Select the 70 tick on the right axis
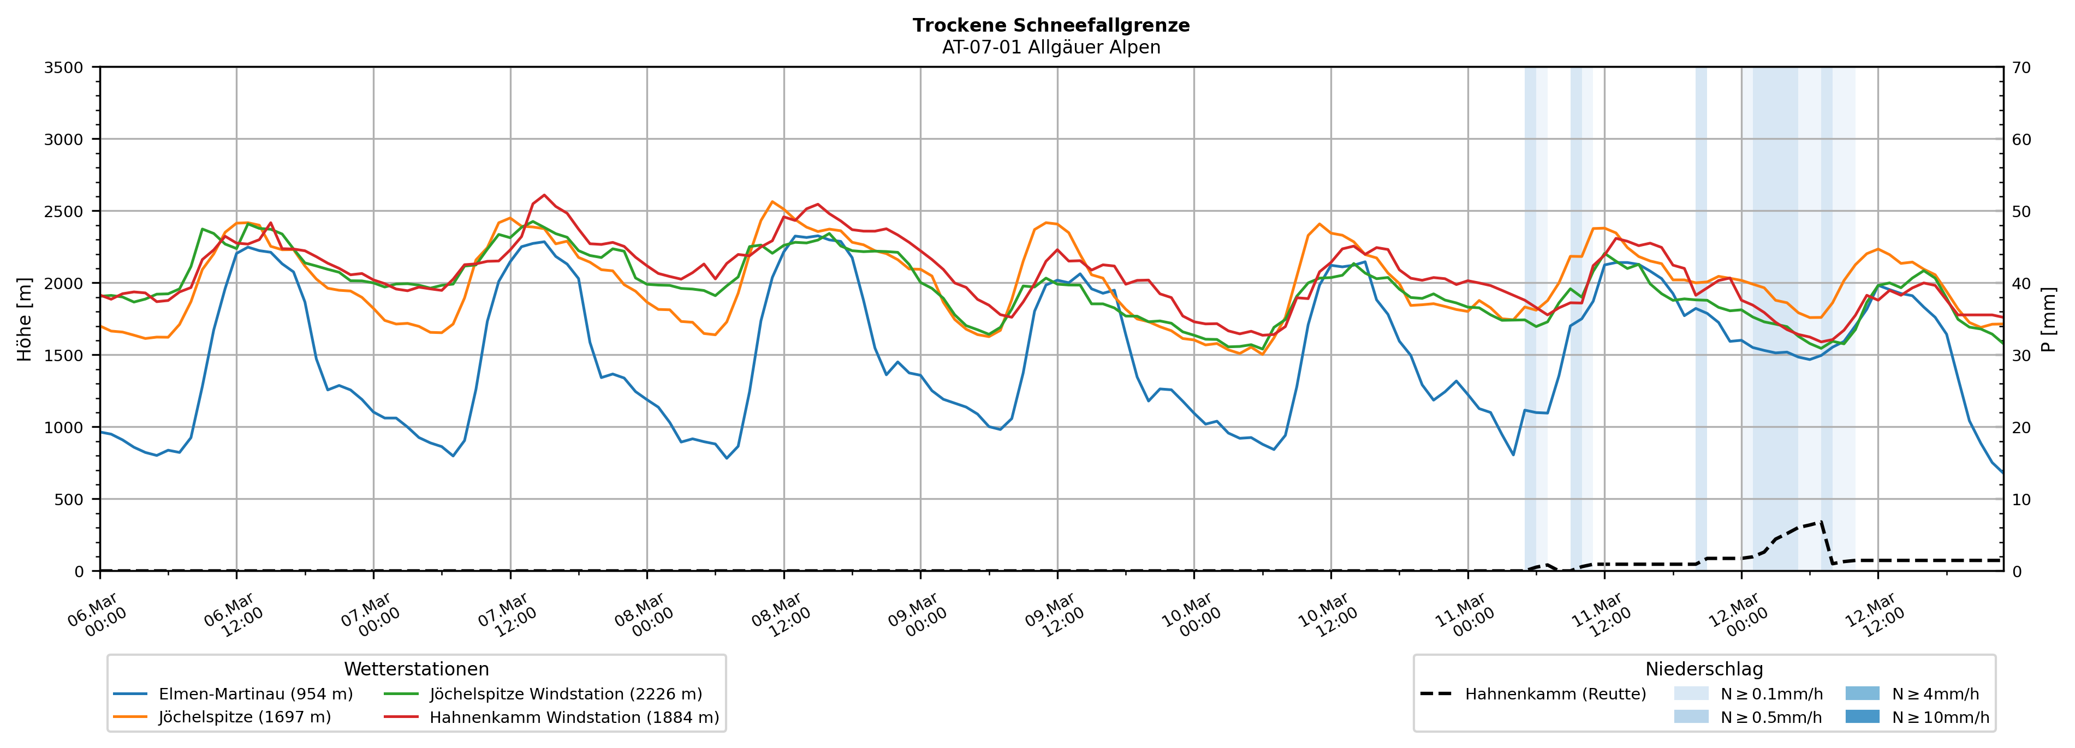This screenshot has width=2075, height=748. [x=2021, y=68]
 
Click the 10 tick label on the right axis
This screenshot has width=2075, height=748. [x=2021, y=499]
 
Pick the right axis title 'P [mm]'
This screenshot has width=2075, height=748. [x=2048, y=319]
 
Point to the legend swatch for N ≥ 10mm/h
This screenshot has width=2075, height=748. [x=1862, y=716]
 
